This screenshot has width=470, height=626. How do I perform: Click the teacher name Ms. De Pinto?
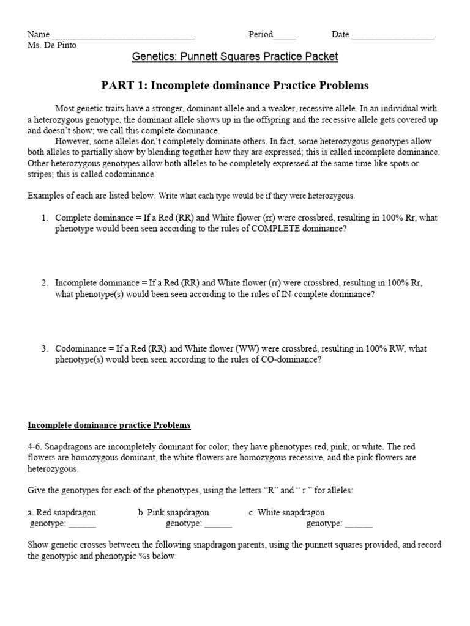[52, 45]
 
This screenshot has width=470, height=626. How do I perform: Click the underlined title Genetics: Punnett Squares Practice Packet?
[235, 57]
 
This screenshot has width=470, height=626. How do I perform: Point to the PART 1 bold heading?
[235, 85]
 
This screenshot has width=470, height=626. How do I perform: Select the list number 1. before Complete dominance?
[45, 218]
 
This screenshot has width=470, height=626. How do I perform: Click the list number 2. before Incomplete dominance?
[45, 283]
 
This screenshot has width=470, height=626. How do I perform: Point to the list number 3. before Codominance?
[45, 348]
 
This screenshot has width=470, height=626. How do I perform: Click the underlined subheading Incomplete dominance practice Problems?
[109, 425]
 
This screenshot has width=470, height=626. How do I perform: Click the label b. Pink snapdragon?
[173, 512]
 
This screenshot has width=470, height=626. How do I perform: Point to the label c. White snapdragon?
[286, 512]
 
